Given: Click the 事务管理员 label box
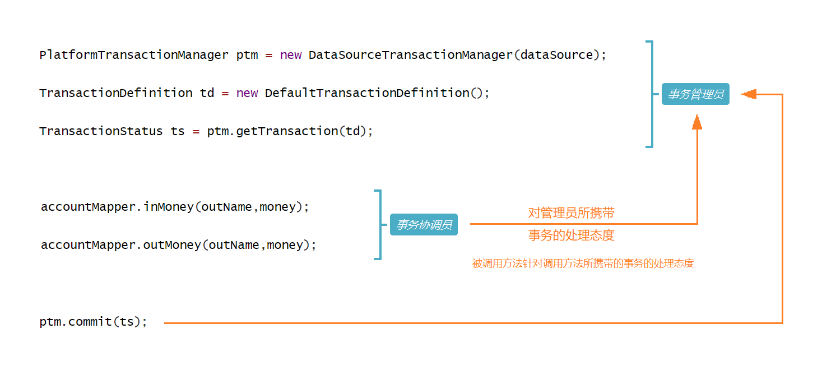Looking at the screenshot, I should pos(695,94).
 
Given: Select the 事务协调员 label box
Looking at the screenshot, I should pos(424,225).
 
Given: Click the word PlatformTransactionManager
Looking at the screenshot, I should pos(134,55).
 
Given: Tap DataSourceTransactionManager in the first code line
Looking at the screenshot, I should pos(411,55).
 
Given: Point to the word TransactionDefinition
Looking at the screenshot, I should pos(115,93).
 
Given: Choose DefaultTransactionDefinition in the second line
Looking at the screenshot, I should pos(367,93).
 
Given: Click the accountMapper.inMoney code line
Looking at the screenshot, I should pos(175,207).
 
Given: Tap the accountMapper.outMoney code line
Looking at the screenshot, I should pos(178,245).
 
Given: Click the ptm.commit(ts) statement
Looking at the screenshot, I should pos(93,322).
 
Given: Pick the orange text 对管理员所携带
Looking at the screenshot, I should pos(571,213).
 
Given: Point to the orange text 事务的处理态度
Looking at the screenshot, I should pos(571,235).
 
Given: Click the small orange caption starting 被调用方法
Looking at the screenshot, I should pos(583,263).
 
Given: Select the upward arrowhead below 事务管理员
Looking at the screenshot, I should pos(697,122).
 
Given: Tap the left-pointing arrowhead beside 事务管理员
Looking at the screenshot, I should pos(749,94).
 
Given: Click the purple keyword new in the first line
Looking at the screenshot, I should pos(291,55).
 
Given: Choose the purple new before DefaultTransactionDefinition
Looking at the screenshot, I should pos(247,93).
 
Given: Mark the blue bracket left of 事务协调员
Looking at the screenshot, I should pos(379,225).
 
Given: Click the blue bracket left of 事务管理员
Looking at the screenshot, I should pos(651,94).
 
